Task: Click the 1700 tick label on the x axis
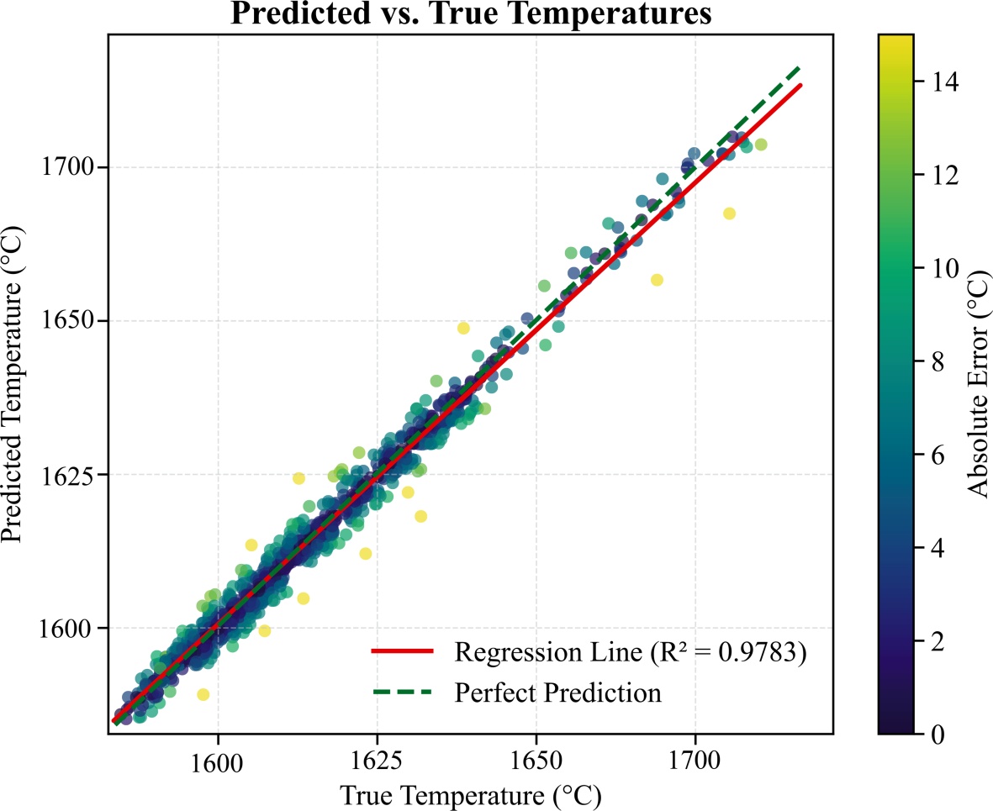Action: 695,761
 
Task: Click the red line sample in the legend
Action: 402,651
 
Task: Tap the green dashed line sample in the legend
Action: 402,693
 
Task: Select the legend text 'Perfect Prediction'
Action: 557,693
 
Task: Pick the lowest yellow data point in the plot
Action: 203,694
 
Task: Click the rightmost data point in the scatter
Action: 761,145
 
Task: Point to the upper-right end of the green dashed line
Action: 800,67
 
